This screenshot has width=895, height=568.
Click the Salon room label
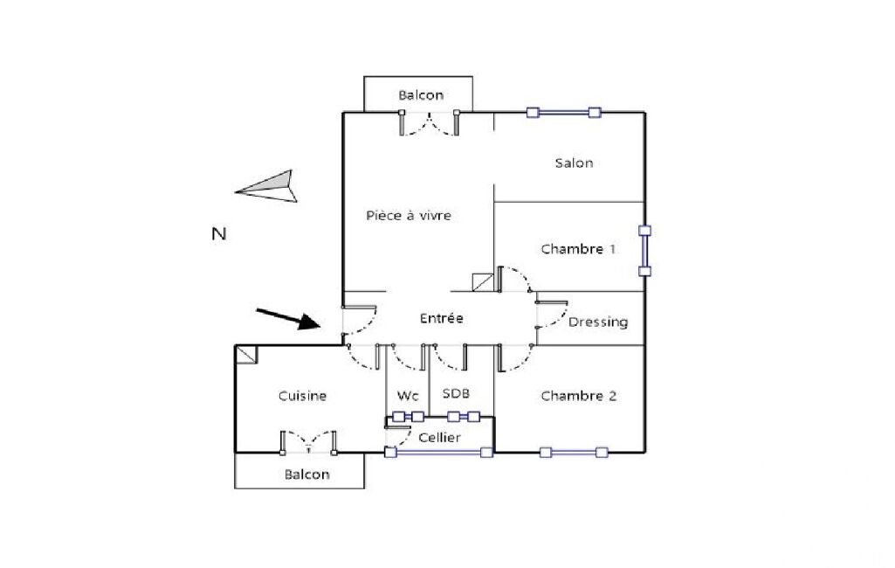point(575,163)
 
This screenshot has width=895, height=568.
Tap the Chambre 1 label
point(578,249)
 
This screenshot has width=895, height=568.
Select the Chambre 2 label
point(579,396)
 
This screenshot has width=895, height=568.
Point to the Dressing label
point(598,322)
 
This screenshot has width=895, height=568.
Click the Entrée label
point(441,318)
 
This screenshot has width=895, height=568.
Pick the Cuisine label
point(302,396)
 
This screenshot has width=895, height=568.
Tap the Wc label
point(408,396)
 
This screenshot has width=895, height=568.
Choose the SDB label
point(456,393)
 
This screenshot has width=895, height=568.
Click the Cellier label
point(439,438)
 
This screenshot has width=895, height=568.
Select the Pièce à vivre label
point(409,216)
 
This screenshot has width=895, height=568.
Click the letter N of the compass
point(219,233)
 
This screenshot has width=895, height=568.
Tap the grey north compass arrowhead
point(266,186)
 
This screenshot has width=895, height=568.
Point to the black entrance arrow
point(287,319)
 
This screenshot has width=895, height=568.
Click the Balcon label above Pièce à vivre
point(421,95)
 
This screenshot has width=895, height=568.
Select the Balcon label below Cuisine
point(307,474)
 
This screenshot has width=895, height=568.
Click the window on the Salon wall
point(563,113)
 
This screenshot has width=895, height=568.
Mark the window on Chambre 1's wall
point(644,251)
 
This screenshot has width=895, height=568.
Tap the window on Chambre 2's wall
point(574,453)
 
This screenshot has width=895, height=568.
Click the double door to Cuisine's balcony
point(308,443)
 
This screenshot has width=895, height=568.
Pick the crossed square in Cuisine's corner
point(246,354)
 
